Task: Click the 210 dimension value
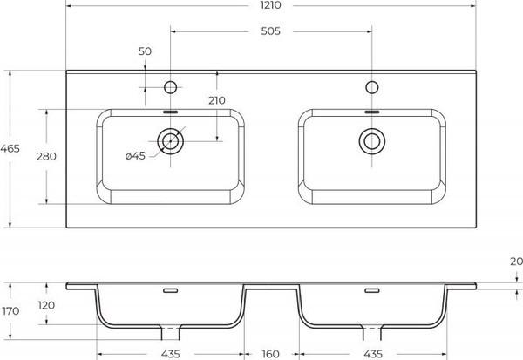tap(217, 100)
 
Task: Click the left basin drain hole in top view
tap(170, 139)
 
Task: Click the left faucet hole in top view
tap(171, 86)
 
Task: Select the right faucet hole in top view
tap(373, 86)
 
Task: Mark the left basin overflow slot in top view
tap(171, 112)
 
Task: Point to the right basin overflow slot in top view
tap(373, 112)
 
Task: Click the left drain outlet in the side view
tap(170, 330)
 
